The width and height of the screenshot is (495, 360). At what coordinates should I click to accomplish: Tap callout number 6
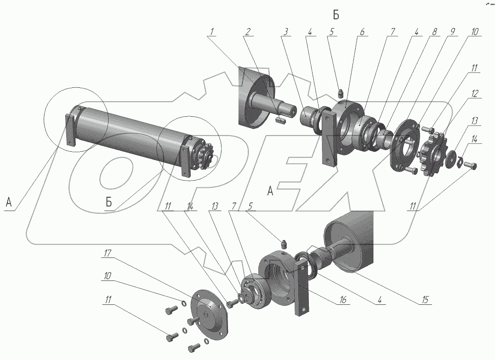click(x=362, y=33)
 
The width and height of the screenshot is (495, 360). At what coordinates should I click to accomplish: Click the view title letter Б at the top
click(x=336, y=15)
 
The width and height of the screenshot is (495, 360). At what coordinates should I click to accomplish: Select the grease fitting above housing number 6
click(x=341, y=93)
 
